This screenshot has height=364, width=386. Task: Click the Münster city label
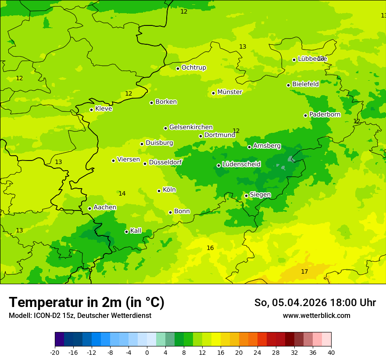point(229,92)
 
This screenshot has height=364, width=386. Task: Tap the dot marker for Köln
point(159,191)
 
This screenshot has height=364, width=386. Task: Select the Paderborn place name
point(325,114)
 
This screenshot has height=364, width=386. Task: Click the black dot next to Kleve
point(91,110)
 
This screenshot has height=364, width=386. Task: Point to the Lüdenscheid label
point(241,164)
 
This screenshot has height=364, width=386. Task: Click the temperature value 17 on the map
point(304,272)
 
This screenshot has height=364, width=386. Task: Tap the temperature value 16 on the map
point(210,248)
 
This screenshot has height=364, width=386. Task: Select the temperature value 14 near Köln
point(122,194)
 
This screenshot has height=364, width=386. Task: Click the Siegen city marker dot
point(246,196)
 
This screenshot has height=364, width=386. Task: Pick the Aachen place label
point(105,207)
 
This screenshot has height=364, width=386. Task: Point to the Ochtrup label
point(193,68)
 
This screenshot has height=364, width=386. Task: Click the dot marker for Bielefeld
point(288,85)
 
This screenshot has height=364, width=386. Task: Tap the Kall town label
point(136,231)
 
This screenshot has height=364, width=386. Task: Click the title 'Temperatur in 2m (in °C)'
point(86,303)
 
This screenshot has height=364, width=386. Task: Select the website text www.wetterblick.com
point(316,316)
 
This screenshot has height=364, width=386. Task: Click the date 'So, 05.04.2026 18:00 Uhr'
point(315,303)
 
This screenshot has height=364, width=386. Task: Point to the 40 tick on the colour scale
point(331,353)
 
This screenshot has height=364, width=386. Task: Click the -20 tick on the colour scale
point(55,353)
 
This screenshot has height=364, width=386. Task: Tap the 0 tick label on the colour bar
point(147,353)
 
